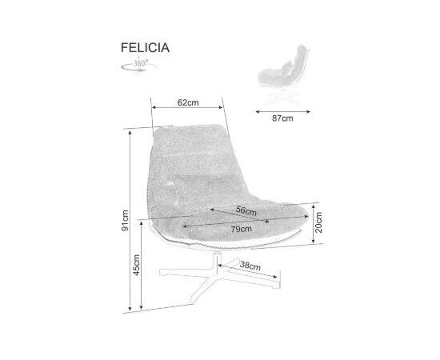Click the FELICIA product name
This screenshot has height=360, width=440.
145,48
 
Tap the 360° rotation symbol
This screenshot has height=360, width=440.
138,65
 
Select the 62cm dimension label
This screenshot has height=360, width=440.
188,102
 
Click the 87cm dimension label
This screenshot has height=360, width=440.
282,118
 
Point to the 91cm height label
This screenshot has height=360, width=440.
125,221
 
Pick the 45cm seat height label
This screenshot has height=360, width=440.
136,265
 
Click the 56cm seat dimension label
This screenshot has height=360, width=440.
246,210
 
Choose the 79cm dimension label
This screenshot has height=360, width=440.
242,230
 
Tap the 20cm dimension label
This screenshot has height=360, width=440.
318,222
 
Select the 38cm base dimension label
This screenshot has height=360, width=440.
250,266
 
